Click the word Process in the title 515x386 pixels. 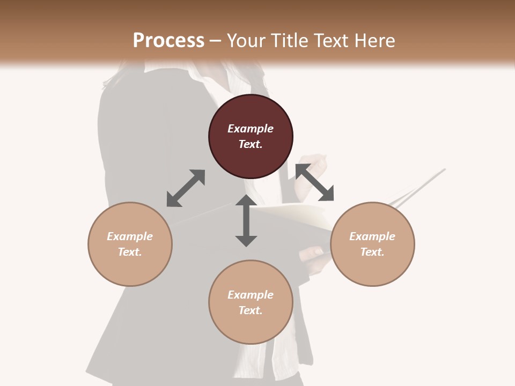(168, 41)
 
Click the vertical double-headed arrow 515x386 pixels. (246, 220)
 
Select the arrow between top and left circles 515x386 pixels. (186, 188)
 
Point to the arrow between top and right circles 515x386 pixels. (314, 183)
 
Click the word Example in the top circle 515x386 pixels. (251, 129)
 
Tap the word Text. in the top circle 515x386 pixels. (251, 144)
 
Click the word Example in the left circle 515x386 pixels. (130, 236)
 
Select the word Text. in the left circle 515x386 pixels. (130, 252)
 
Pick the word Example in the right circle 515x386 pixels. (372, 236)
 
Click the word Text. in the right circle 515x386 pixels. (372, 252)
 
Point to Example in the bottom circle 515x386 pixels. (251, 295)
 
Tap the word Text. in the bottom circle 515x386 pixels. (251, 310)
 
